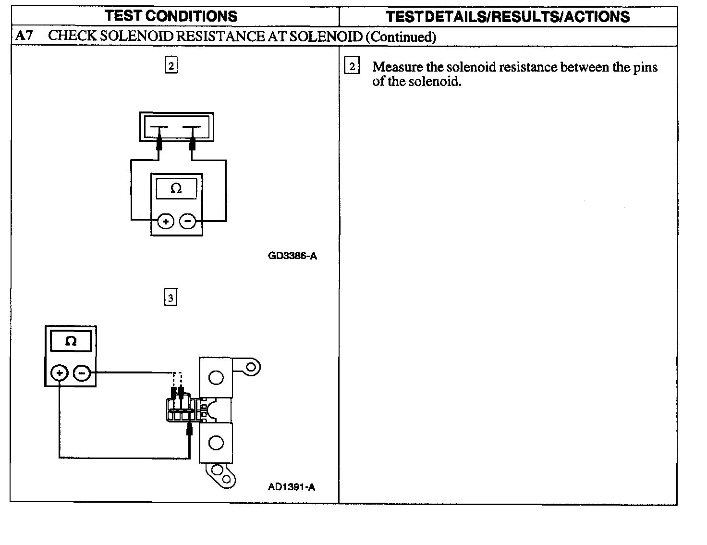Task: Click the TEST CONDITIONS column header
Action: (171, 16)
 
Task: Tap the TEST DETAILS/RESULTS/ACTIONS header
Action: (508, 17)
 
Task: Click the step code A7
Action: (24, 36)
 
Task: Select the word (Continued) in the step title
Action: (401, 37)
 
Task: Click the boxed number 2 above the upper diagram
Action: (171, 65)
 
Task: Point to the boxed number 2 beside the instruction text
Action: (352, 66)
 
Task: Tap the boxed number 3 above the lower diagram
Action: (171, 297)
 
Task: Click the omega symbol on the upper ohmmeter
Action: (176, 189)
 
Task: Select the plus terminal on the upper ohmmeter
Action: (166, 222)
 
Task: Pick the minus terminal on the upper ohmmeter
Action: (187, 222)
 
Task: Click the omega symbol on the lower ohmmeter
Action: (71, 342)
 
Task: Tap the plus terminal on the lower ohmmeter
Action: (59, 373)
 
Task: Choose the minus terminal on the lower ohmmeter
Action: (82, 373)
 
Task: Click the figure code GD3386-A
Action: (293, 256)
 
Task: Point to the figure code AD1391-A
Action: (292, 487)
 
